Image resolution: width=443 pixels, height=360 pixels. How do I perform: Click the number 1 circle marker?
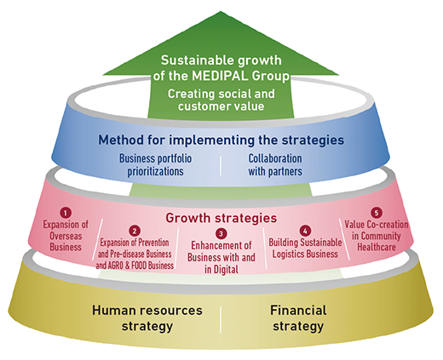click(66, 213)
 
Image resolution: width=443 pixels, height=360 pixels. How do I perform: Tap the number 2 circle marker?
click(135, 231)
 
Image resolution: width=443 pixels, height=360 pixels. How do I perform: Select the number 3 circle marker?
click(221, 234)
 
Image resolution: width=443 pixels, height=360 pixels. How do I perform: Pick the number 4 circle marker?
click(305, 231)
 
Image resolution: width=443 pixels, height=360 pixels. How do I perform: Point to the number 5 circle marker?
click(377, 213)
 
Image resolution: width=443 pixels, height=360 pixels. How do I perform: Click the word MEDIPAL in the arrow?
click(220, 76)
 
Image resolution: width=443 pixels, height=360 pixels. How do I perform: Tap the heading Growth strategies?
click(221, 218)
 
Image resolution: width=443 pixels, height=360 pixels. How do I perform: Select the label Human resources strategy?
click(147, 318)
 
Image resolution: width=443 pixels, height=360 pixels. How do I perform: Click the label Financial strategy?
click(298, 318)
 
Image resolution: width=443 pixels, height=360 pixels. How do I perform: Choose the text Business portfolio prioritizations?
click(155, 165)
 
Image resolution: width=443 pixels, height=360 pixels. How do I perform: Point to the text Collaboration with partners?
click(275, 165)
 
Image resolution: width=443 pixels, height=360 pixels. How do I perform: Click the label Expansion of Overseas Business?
click(66, 236)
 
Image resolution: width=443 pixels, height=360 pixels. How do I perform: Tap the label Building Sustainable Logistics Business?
click(305, 249)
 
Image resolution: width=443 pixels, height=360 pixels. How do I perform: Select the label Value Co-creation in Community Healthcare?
click(377, 236)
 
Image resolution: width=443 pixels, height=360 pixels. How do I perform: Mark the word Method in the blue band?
click(121, 140)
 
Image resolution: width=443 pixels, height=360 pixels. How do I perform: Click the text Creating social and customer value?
click(221, 100)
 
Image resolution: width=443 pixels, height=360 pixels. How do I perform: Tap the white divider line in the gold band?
click(221, 319)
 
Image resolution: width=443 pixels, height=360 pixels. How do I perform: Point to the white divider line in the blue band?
click(221, 166)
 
